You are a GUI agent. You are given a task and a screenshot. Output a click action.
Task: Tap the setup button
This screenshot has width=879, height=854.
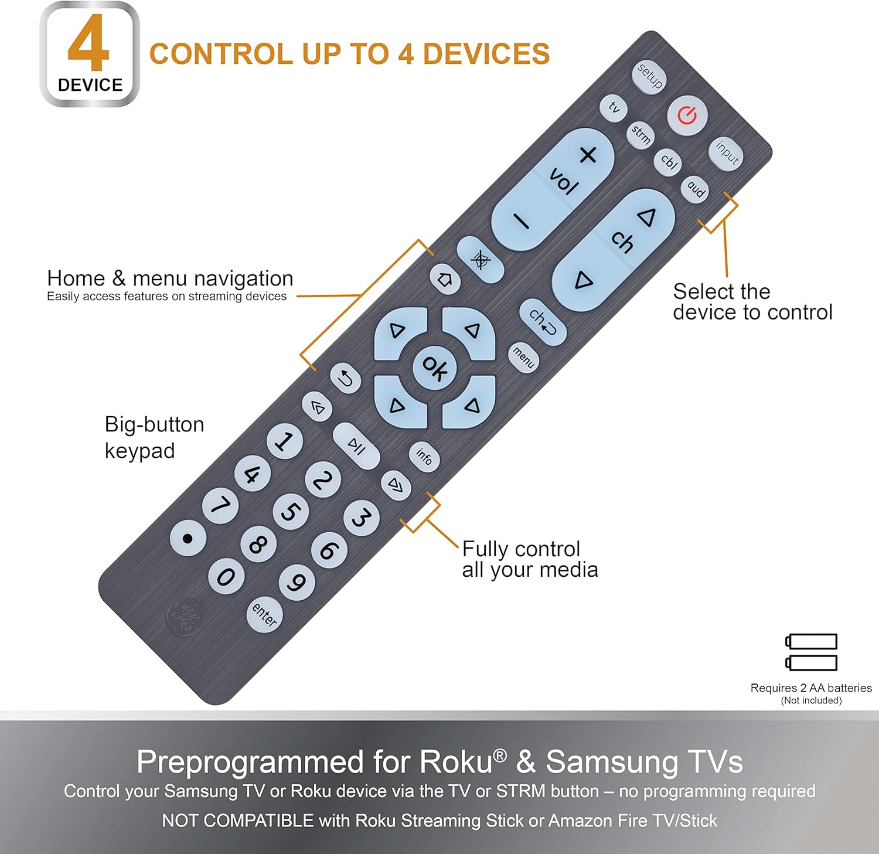(650, 76)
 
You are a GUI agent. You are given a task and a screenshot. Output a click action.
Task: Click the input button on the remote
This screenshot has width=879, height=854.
(727, 154)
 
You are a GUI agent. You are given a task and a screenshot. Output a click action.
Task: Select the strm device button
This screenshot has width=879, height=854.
(641, 135)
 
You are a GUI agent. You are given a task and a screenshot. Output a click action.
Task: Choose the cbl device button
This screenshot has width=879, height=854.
(669, 161)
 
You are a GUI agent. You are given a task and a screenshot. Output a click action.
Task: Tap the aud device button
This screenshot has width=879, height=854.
(696, 189)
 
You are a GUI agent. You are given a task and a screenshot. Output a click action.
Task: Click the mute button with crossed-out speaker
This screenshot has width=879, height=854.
(481, 260)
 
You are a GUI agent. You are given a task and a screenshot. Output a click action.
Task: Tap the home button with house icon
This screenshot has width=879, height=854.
(445, 279)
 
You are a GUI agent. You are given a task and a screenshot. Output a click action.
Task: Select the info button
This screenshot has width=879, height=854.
(424, 456)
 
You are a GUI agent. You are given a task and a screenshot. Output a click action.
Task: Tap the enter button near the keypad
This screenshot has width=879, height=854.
(264, 615)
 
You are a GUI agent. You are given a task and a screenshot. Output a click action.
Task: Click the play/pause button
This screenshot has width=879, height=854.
(356, 446)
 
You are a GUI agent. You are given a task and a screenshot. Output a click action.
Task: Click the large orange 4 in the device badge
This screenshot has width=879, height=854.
(88, 44)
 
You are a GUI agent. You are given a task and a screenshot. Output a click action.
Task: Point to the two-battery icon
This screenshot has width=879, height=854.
(812, 652)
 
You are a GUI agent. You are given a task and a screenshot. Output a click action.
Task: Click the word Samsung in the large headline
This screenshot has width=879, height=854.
(612, 762)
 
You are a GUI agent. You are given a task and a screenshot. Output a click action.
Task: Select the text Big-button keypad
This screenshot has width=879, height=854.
(154, 437)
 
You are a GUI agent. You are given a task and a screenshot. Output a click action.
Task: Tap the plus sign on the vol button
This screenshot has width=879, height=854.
(588, 155)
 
